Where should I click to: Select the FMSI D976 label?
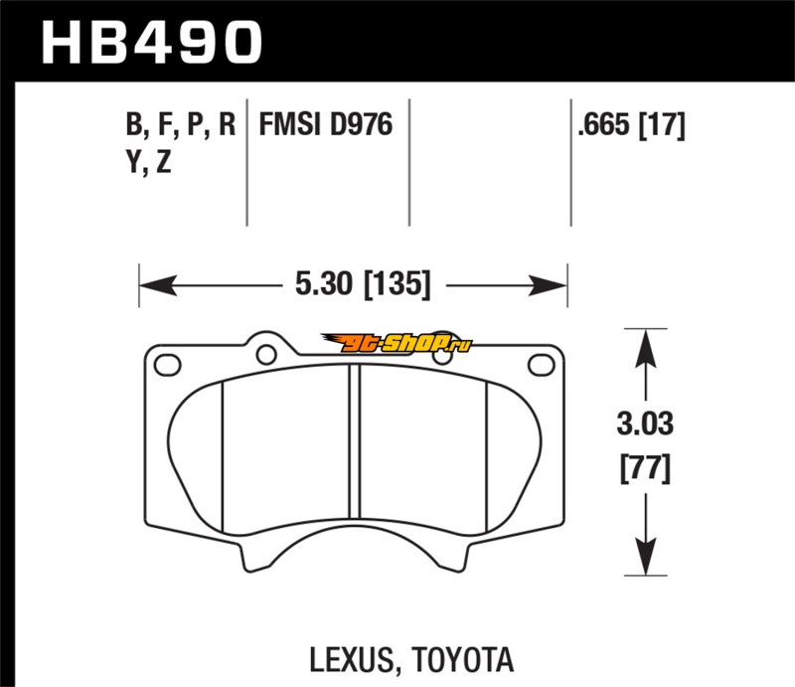point(325,124)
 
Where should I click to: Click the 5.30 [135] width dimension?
point(362,286)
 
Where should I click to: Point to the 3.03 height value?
point(644,427)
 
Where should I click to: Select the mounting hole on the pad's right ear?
point(544,363)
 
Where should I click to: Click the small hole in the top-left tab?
point(264,351)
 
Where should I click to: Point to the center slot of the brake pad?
point(354,452)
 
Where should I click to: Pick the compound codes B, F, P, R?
point(180,124)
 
